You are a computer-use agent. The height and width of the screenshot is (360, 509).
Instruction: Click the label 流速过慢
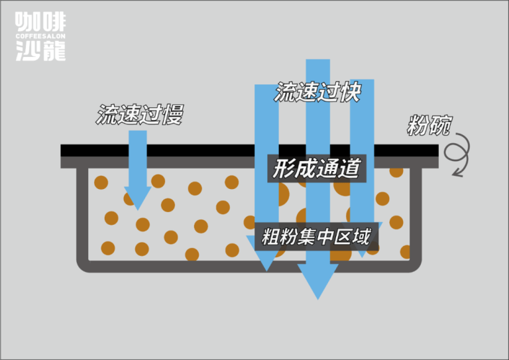(140, 115)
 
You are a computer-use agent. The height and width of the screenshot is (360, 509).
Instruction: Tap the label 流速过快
(317, 92)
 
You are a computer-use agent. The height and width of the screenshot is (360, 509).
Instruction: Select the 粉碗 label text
(429, 125)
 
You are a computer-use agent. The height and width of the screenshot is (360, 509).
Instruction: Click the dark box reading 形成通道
(317, 168)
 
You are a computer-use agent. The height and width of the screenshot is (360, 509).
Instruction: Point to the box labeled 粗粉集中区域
(317, 236)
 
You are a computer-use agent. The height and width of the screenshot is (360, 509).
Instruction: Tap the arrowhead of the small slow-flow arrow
(138, 198)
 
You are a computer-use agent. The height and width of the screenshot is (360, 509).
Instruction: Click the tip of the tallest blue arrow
(318, 300)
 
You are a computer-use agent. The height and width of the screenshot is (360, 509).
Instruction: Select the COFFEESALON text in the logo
(40, 36)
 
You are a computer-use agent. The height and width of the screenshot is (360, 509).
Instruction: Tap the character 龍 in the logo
(54, 50)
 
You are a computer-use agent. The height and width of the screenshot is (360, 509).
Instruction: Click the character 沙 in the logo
(28, 50)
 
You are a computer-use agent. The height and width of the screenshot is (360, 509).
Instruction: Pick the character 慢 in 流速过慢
(173, 115)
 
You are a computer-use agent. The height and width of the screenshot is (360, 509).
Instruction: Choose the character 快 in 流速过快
(350, 92)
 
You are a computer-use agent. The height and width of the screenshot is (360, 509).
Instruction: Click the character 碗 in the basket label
(440, 125)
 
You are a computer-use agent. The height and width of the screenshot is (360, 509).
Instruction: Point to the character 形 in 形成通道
(283, 168)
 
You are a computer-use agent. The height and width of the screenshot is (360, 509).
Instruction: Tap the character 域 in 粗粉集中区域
(362, 236)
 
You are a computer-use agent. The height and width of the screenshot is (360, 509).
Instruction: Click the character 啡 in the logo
(54, 22)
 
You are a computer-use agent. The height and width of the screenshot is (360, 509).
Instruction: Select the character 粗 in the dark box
(270, 236)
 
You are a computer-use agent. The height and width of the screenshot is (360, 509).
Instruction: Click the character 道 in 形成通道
(349, 168)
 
